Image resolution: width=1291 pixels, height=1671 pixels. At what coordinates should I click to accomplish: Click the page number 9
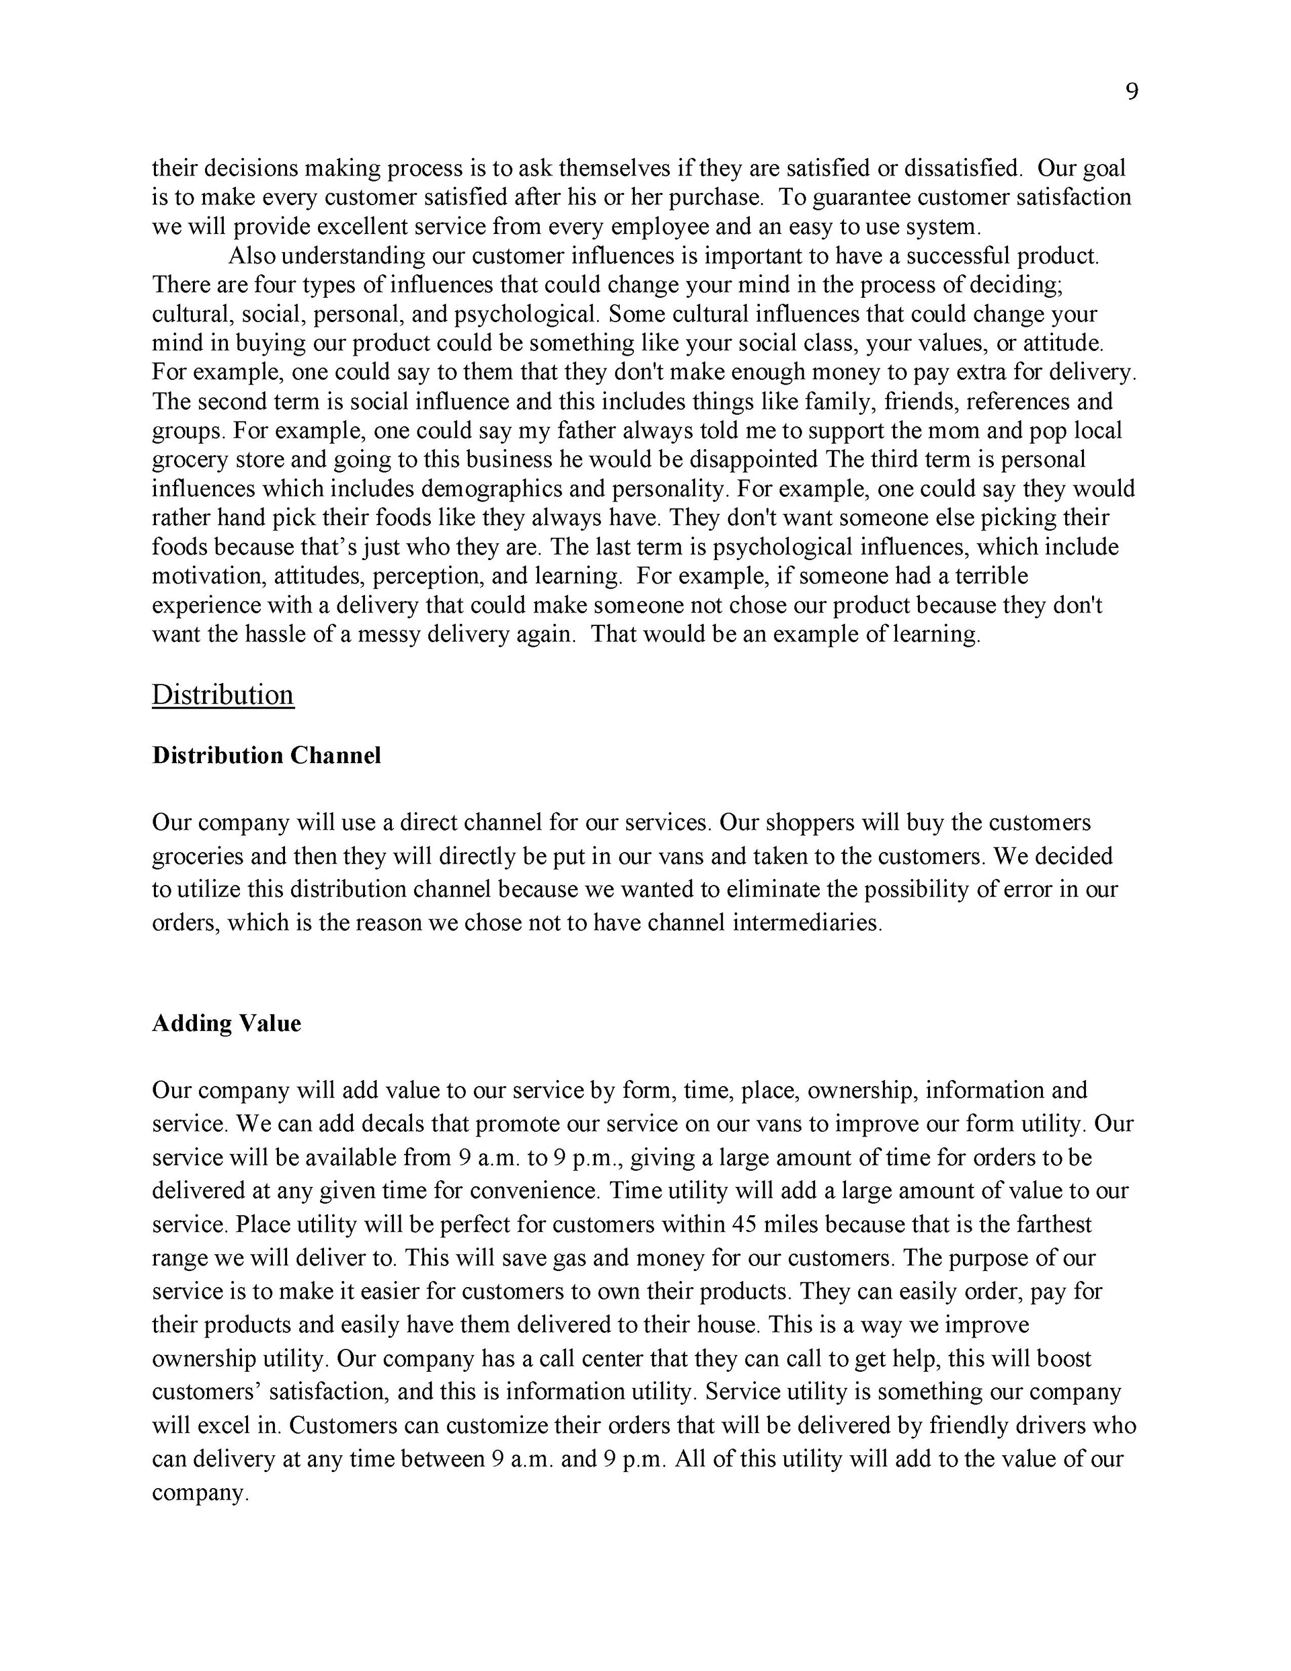coord(1132,92)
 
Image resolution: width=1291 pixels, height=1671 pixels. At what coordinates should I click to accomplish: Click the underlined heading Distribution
coord(223,695)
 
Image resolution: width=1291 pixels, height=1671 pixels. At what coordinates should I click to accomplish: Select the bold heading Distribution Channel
coord(266,755)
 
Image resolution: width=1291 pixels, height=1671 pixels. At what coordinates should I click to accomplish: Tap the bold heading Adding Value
coord(227,1023)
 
